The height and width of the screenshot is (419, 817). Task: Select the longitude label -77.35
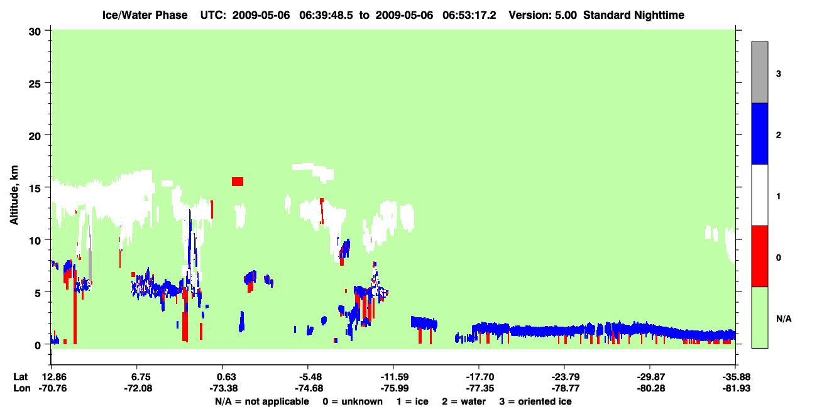tap(480, 388)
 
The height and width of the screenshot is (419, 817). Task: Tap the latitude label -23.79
tap(566, 377)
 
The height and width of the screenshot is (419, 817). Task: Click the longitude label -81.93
tap(736, 388)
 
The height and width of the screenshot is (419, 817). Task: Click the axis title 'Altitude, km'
tap(14, 195)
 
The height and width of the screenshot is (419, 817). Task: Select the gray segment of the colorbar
tap(759, 72)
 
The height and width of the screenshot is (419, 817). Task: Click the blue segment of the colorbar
tap(759, 133)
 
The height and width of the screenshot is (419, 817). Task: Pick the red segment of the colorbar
tap(759, 256)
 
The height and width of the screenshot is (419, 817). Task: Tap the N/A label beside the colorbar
tap(784, 319)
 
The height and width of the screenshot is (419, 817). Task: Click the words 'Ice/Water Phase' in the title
tap(145, 15)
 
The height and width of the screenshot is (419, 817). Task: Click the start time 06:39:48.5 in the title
tap(326, 15)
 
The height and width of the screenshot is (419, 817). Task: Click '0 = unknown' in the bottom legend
tap(353, 401)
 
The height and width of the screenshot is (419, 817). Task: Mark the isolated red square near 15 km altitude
tap(238, 182)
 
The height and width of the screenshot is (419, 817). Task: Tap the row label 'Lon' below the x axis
tap(22, 388)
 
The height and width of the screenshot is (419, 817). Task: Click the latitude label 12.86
tap(54, 377)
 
